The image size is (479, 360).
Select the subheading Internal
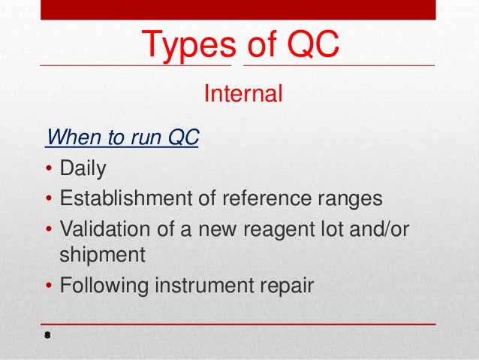243,95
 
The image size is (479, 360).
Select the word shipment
101,256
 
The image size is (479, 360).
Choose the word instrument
201,286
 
